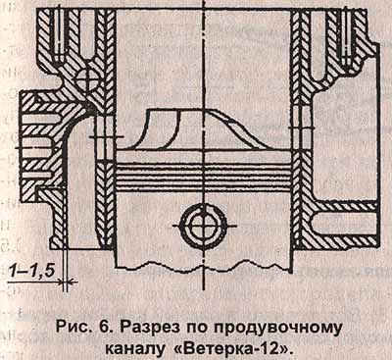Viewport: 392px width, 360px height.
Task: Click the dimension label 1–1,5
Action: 31,272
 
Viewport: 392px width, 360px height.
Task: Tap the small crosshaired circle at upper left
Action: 87,79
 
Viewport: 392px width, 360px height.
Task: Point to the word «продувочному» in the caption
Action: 272,328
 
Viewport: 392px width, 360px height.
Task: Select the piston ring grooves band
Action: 204,177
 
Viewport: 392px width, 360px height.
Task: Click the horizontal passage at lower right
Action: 344,224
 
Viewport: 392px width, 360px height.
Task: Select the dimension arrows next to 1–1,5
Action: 65,282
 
